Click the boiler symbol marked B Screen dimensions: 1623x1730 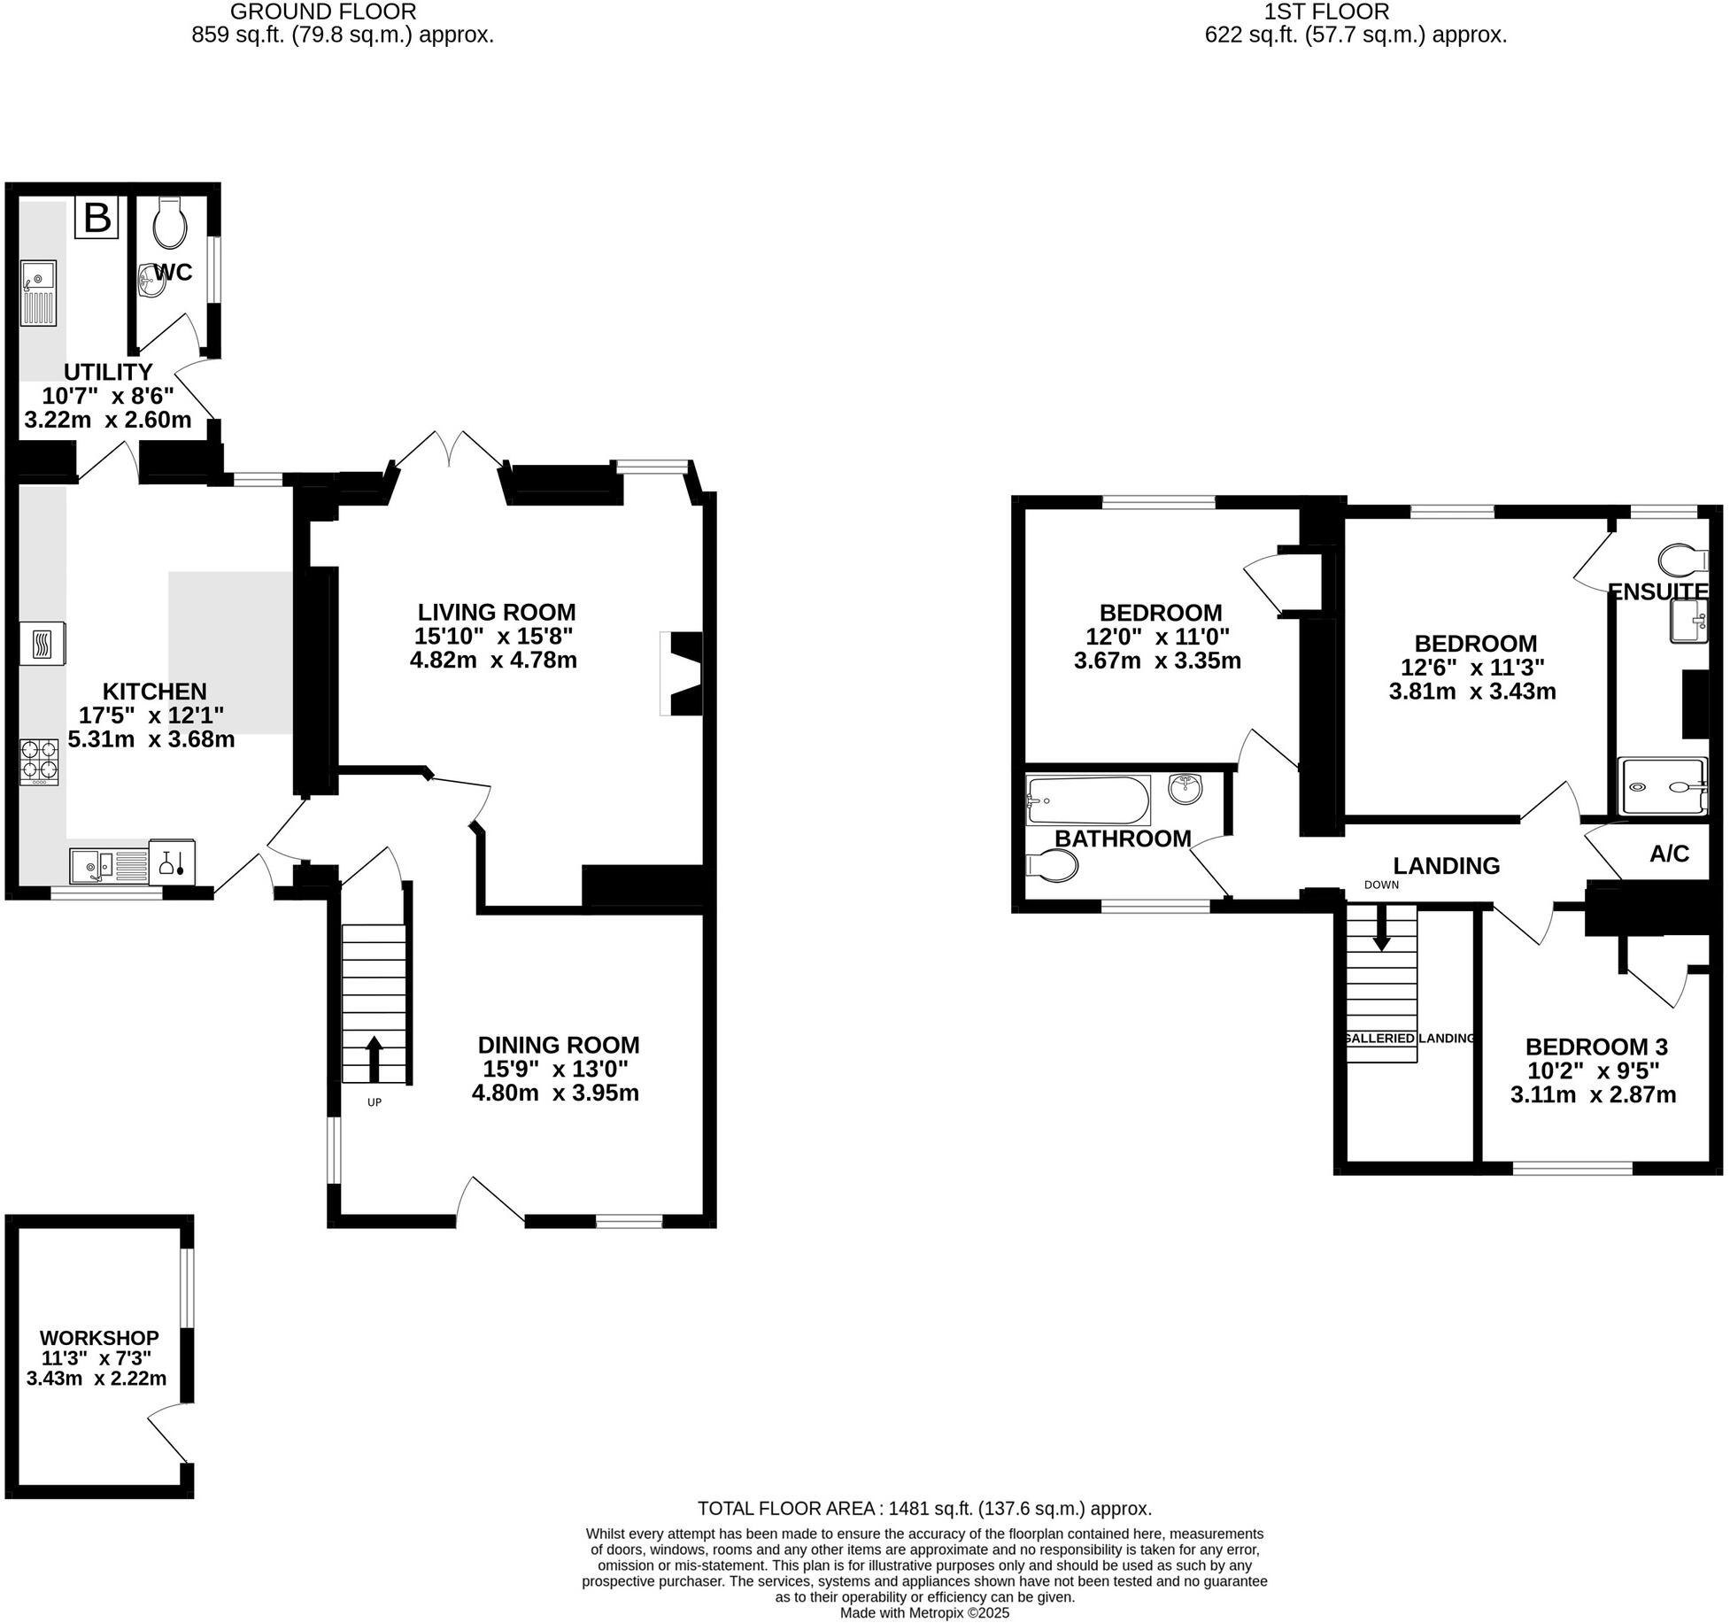click(x=97, y=218)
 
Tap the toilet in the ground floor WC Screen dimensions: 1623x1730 click(x=170, y=223)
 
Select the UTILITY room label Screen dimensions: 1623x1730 click(x=108, y=372)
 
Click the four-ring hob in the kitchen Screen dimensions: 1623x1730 click(x=40, y=761)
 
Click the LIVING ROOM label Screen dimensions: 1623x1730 click(x=496, y=612)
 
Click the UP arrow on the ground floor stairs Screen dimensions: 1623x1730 click(x=374, y=1058)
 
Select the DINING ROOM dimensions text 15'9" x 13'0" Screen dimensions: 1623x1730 click(x=555, y=1069)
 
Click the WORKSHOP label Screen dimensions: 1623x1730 click(x=99, y=1338)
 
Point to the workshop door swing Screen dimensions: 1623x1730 click(x=168, y=1435)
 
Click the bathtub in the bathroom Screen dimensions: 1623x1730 click(x=1088, y=800)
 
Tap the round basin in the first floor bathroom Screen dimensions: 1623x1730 click(x=1185, y=788)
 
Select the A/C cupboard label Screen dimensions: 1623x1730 click(x=1669, y=854)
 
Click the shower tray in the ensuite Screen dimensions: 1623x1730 click(x=1661, y=786)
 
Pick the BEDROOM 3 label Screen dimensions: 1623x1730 click(x=1595, y=1047)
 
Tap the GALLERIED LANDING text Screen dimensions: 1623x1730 click(x=1409, y=1038)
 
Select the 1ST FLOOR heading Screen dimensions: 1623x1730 click(x=1355, y=12)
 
